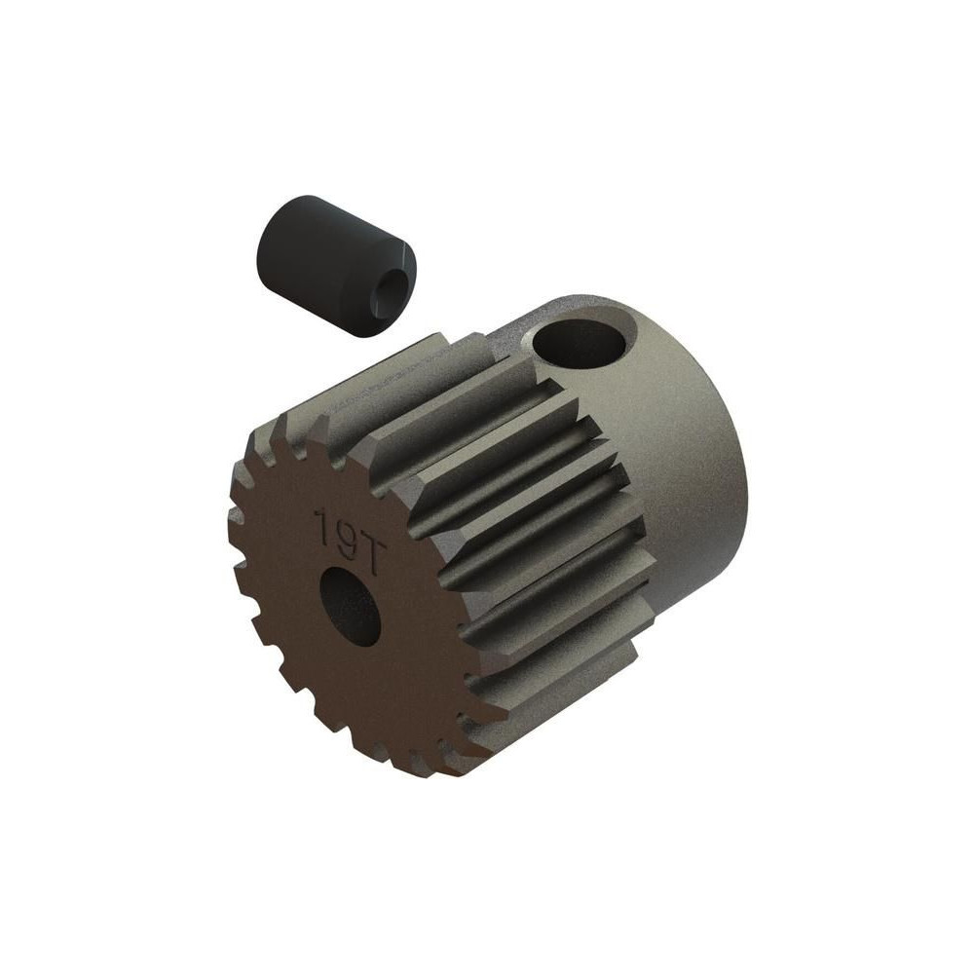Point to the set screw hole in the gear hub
point(578,348)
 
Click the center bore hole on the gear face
point(350,606)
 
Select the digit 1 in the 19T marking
point(323,526)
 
